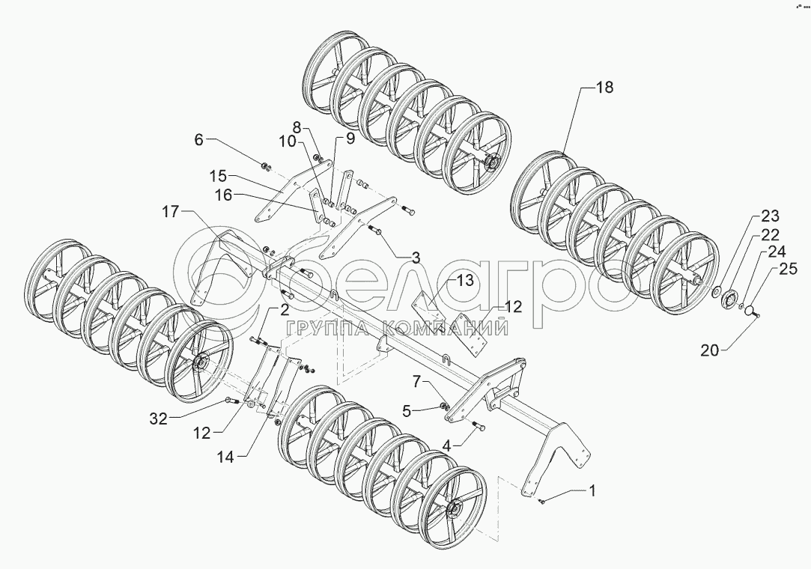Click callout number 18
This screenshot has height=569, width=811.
point(604,88)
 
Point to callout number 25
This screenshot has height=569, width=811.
point(787,268)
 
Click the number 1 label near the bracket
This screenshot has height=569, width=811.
point(592,491)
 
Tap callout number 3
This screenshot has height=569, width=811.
point(415,257)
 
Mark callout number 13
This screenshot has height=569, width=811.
point(466,281)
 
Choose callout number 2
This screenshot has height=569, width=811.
point(285,309)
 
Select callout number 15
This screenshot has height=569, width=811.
point(217,176)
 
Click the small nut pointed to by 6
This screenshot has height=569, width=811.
point(266,164)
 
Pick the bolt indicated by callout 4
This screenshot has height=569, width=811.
point(481,427)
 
